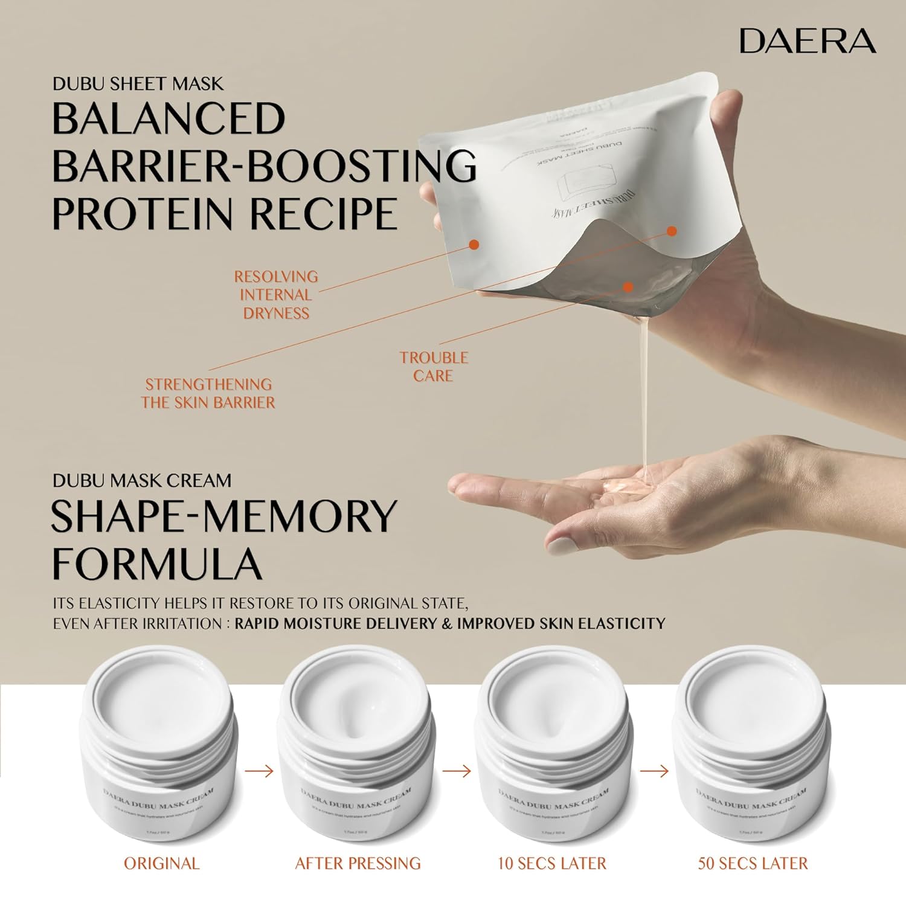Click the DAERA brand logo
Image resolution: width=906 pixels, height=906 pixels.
808,41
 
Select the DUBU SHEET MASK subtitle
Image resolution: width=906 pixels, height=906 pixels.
138,83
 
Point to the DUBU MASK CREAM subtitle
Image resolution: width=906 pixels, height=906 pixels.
142,481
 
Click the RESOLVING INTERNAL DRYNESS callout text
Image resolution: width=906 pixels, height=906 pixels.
276,295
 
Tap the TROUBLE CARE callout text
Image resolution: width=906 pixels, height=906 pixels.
434,367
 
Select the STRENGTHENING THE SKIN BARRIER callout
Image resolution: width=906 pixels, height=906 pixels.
208,393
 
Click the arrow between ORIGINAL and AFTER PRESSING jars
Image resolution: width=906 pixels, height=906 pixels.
260,771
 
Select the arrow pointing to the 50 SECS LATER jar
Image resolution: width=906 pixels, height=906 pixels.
654,771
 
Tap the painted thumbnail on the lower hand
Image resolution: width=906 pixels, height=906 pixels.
564,548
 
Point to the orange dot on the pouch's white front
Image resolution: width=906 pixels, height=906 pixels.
474,245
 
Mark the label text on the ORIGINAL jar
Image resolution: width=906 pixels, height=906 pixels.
158,800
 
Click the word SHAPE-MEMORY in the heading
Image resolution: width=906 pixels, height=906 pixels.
223,516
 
